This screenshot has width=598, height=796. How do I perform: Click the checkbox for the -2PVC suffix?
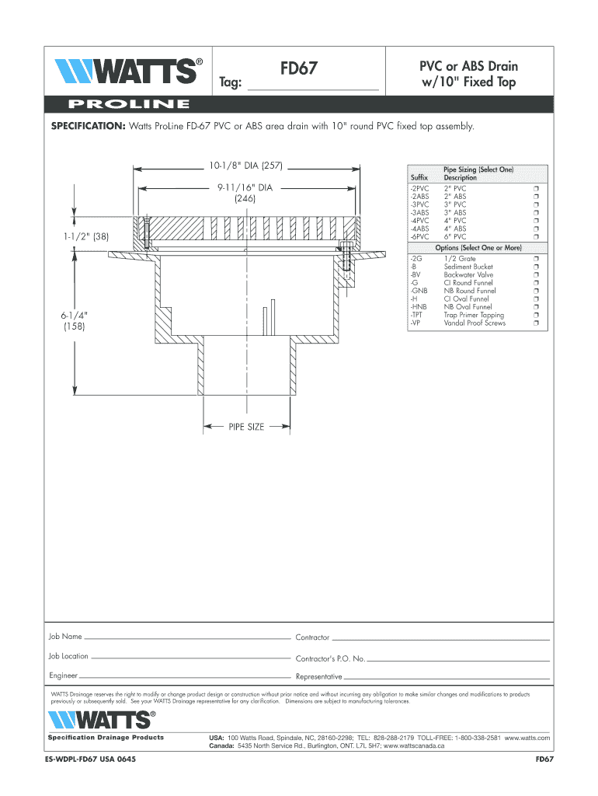click(x=536, y=189)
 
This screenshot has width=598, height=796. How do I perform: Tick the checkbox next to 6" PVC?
click(x=536, y=237)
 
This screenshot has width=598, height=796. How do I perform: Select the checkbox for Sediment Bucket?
click(x=536, y=267)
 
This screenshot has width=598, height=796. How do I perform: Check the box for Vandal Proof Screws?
click(x=536, y=323)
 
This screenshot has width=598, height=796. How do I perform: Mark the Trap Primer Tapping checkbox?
click(x=536, y=316)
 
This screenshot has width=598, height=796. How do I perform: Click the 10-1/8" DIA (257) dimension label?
click(x=248, y=165)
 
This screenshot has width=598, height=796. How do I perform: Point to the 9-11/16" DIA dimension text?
click(x=245, y=187)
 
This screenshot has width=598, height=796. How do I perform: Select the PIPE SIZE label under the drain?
click(x=246, y=427)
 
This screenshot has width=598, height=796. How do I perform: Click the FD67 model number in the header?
click(x=299, y=69)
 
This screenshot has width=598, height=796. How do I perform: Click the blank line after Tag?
click(x=312, y=89)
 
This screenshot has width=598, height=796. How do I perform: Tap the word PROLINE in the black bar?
click(x=129, y=104)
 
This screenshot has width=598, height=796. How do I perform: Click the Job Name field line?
click(x=186, y=637)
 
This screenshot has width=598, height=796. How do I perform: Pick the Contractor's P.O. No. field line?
click(x=458, y=659)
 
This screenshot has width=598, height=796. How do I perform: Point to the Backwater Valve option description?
click(x=468, y=275)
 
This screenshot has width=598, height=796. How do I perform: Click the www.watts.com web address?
click(x=527, y=737)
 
